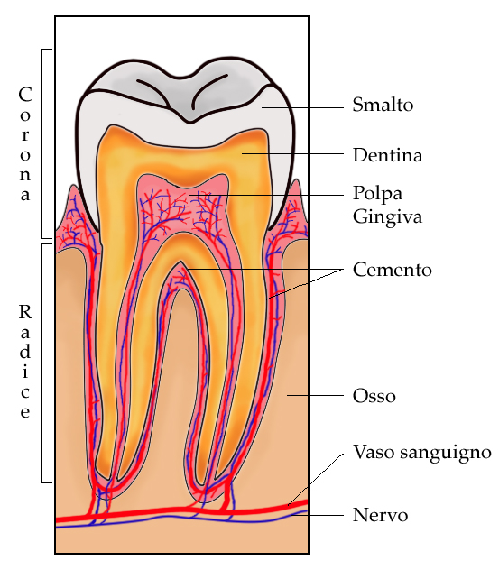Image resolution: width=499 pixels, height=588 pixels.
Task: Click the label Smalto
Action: [383, 105]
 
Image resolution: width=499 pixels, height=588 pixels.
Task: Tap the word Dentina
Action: [388, 155]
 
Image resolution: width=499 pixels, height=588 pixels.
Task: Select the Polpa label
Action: [377, 194]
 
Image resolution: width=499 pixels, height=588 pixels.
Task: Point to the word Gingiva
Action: [388, 217]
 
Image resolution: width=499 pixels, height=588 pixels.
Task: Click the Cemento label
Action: [392, 270]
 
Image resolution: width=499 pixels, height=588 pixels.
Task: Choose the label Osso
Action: [374, 396]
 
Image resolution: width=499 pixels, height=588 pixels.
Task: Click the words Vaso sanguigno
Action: [422, 453]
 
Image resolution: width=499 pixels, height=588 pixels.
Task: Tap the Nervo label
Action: [380, 515]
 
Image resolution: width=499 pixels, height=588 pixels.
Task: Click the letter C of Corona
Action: [24, 95]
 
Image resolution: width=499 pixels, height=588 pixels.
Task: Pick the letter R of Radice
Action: [25, 312]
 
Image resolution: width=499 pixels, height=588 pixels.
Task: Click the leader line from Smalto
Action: [302, 107]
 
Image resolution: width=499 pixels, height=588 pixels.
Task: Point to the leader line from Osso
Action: [315, 395]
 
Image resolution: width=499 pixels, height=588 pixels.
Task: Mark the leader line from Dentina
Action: [292, 153]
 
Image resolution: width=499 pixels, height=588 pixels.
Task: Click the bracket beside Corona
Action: [42, 143]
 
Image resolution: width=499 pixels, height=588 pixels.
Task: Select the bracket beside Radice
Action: [42, 363]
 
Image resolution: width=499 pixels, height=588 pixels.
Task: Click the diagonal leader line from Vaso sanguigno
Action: [316, 480]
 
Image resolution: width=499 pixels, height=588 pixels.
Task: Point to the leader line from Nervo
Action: [319, 515]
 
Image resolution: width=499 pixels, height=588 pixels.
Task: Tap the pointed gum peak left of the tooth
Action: [73, 186]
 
